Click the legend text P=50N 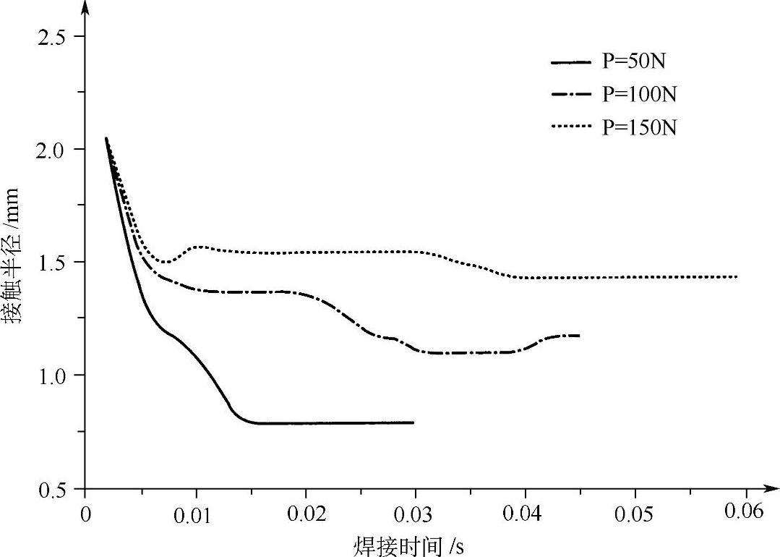point(634,61)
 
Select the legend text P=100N point(639,94)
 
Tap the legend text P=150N point(639,127)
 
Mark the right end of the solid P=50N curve point(413,422)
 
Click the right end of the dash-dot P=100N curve point(580,336)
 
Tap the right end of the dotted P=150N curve point(737,277)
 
